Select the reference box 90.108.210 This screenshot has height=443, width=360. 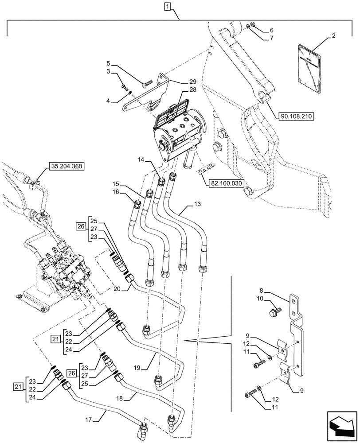pos(296,117)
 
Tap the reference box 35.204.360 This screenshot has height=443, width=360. pos(66,167)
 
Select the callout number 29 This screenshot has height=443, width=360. pos(180,82)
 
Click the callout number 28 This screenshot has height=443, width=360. pos(180,90)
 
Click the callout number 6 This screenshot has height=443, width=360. pos(271,30)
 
